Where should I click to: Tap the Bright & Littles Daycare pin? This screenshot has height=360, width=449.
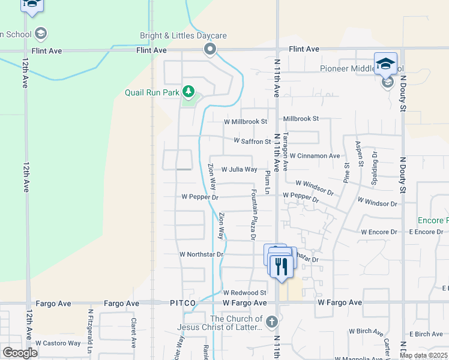(x=209, y=49)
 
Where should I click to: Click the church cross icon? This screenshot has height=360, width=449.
(x=272, y=321)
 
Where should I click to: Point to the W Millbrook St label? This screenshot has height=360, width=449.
(x=245, y=121)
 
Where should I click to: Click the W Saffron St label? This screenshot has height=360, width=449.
(x=252, y=142)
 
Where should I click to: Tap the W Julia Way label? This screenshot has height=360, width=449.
(x=239, y=170)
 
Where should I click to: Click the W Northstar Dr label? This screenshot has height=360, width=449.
(x=201, y=254)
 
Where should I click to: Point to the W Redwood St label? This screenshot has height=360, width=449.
(x=244, y=293)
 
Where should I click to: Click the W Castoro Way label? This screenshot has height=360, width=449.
(x=58, y=343)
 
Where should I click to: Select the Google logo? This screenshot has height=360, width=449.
(x=20, y=353)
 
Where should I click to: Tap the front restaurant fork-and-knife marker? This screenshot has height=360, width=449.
(x=280, y=265)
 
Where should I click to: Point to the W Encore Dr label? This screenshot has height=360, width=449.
(x=379, y=232)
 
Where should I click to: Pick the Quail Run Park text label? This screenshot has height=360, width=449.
(x=152, y=92)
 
